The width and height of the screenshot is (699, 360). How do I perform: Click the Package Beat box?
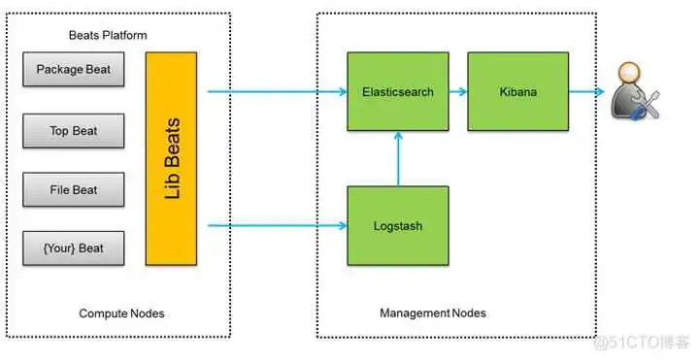pyautogui.click(x=74, y=70)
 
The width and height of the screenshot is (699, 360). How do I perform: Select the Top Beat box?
pyautogui.click(x=74, y=130)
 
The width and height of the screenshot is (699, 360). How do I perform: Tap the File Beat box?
pyautogui.click(x=74, y=189)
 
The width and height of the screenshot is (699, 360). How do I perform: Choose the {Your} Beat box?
pyautogui.click(x=74, y=248)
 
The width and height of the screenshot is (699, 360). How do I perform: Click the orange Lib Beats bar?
pyautogui.click(x=171, y=159)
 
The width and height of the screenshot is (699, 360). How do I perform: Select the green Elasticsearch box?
pyautogui.click(x=396, y=92)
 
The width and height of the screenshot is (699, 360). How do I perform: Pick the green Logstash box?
pyautogui.click(x=396, y=225)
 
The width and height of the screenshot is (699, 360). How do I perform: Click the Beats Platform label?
pyautogui.click(x=108, y=35)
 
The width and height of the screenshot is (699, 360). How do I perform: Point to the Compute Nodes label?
pyautogui.click(x=120, y=313)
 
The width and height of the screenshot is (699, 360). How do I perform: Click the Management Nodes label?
pyautogui.click(x=432, y=313)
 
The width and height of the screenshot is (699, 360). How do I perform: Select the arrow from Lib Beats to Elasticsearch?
pyautogui.click(x=277, y=92)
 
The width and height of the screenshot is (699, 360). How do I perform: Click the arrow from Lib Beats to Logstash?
pyautogui.click(x=277, y=225)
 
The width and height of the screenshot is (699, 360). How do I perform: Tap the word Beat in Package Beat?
pyautogui.click(x=97, y=70)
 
